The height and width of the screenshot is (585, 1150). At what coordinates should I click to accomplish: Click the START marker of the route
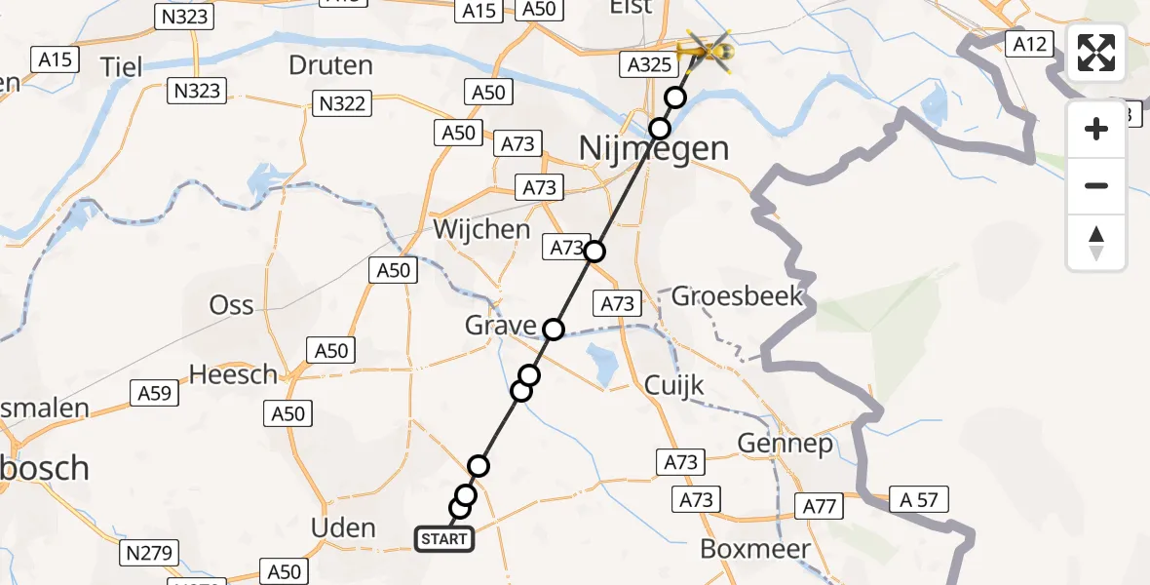[x=444, y=539]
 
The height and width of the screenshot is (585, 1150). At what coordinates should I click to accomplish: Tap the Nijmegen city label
[x=654, y=148]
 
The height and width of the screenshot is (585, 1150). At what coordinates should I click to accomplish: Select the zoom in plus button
[x=1096, y=129]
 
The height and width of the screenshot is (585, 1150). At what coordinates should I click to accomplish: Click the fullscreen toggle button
[x=1096, y=53]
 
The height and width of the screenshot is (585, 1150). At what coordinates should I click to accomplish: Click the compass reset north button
[x=1096, y=243]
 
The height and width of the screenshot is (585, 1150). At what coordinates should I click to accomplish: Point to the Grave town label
[x=500, y=326]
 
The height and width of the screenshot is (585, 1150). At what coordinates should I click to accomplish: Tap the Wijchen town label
[x=482, y=230]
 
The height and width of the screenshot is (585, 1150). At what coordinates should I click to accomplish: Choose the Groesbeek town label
[x=738, y=296]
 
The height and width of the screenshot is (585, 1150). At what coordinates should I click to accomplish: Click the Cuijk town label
[x=674, y=386]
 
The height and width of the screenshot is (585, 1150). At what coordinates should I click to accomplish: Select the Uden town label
[x=342, y=528]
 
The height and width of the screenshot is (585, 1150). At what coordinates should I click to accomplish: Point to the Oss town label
[x=232, y=305]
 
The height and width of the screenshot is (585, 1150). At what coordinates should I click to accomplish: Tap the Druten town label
[x=331, y=65]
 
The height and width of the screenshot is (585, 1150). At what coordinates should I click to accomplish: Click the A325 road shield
[x=646, y=64]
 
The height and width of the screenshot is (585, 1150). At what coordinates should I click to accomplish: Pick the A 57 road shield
[x=919, y=500]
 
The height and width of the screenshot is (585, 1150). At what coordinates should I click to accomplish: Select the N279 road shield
[x=148, y=554]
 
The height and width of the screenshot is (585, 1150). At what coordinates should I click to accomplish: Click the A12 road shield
[x=1029, y=43]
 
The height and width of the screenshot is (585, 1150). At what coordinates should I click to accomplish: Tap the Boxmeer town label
[x=754, y=549]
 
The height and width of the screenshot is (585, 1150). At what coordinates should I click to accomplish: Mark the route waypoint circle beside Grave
[x=553, y=330]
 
